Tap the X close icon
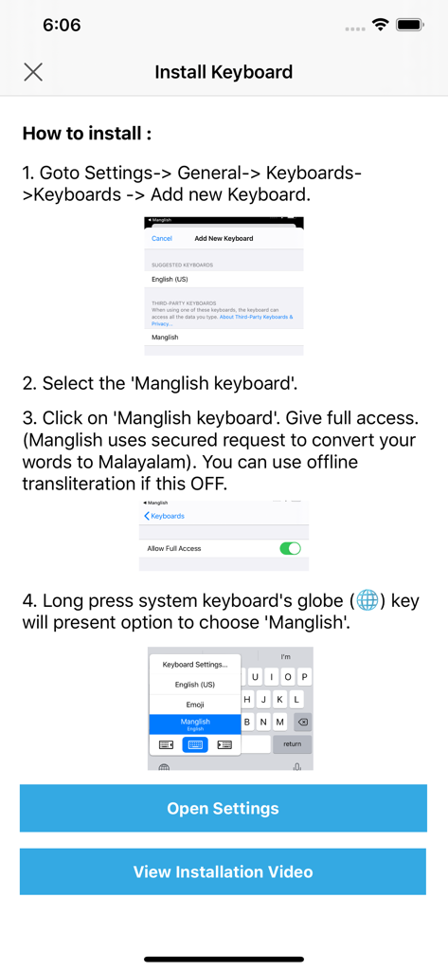[33, 72]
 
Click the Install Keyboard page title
[224, 72]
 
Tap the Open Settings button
[224, 809]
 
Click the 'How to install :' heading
[86, 133]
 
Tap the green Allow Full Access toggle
[290, 548]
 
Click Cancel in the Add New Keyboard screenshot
[162, 239]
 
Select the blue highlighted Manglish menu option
[195, 724]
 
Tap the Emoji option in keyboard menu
[195, 705]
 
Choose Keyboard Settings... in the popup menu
[195, 665]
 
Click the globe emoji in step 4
[367, 600]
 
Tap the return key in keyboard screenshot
[292, 744]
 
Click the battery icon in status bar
[410, 26]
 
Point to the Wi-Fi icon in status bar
[381, 26]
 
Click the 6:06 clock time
[62, 26]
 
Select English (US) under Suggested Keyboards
[170, 280]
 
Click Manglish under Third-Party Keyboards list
[166, 338]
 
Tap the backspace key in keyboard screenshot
[302, 722]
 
